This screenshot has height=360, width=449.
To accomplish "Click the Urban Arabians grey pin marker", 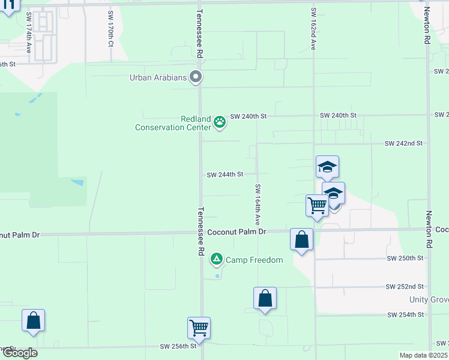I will click(195, 77).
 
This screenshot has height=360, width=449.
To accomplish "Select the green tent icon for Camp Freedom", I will click(217, 260).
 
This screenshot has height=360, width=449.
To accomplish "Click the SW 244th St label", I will click(225, 175).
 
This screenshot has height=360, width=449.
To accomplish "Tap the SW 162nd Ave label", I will click(313, 29).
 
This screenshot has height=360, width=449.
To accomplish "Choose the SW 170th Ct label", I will click(110, 29).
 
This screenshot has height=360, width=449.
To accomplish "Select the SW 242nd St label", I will click(405, 144).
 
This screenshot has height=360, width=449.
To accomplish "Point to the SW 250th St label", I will click(405, 258).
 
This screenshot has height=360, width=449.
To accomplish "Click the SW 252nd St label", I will click(405, 287).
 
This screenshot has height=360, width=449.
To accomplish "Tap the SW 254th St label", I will click(405, 315).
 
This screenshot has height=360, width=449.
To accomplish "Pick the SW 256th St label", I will click(178, 346).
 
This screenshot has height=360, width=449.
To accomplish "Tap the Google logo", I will click(19, 353).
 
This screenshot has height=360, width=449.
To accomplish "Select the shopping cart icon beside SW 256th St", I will click(199, 328).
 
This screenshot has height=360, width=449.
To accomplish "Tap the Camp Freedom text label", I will click(254, 260).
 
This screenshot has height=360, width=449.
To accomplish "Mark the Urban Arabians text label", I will click(157, 77).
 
